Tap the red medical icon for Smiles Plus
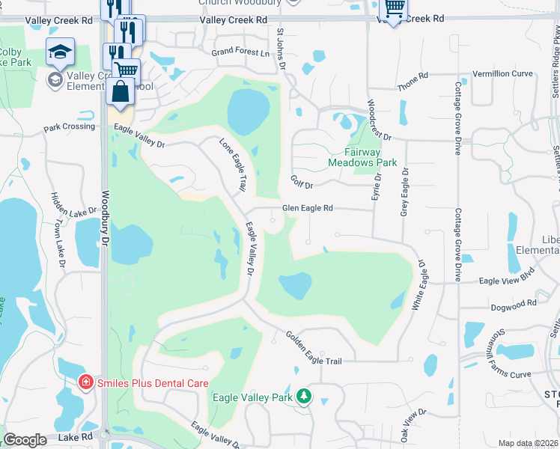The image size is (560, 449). [87, 382]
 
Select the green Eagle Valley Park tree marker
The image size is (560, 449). [304, 396]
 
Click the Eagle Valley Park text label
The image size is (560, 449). [252, 397]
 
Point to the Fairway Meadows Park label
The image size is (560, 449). [362, 156]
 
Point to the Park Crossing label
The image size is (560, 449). [70, 126]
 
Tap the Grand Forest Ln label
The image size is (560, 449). [240, 52]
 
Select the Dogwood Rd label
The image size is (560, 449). [514, 304]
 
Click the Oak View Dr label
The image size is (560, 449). [413, 423]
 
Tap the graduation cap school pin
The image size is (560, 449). [60, 52]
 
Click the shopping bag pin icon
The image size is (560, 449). [120, 91]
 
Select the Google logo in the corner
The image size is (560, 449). [25, 440]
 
